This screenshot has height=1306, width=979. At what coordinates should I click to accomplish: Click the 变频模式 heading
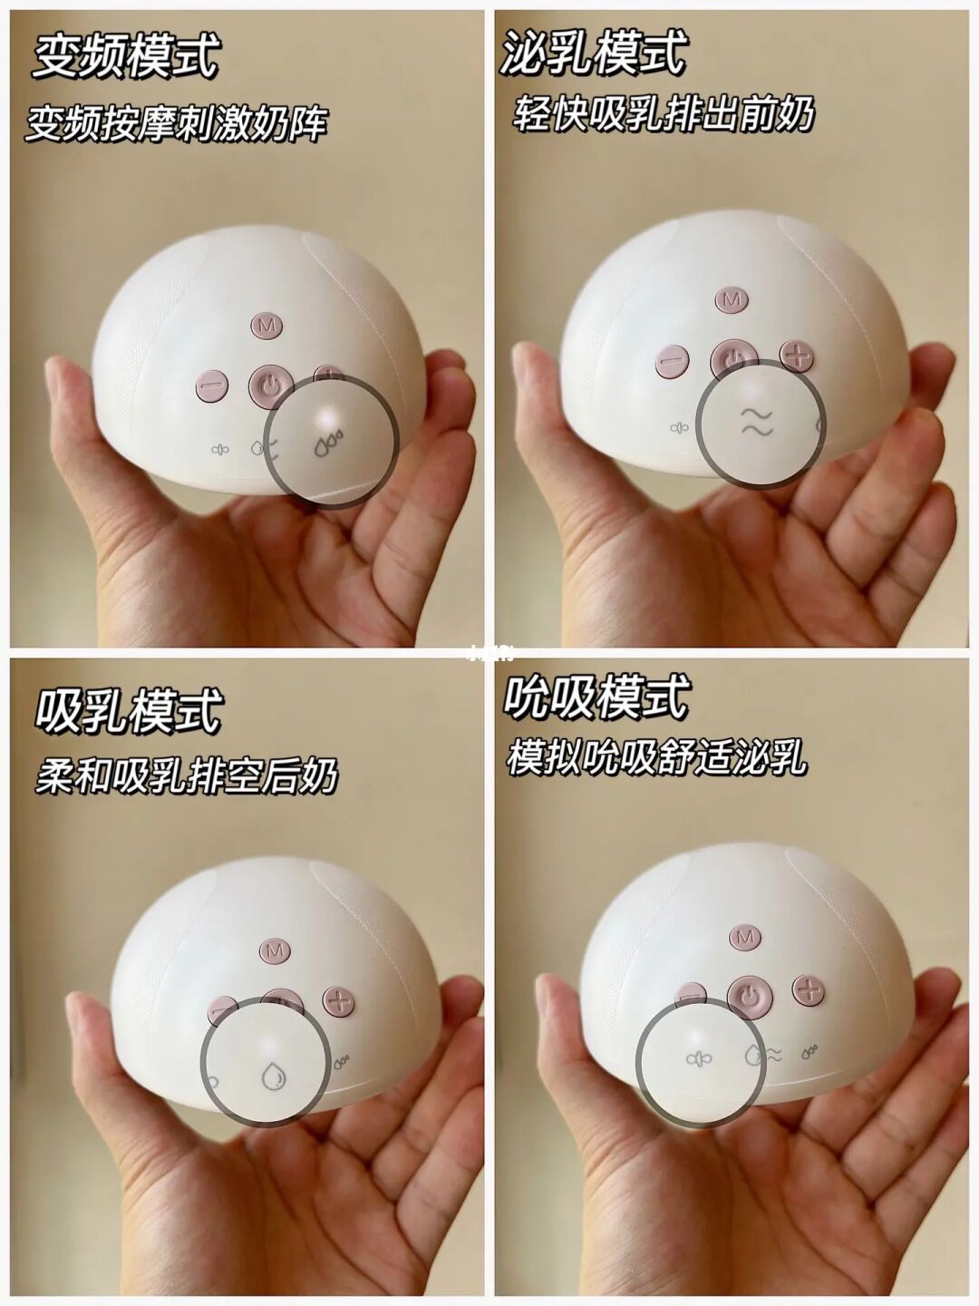click(x=126, y=55)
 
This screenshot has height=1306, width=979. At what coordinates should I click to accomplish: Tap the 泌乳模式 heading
click(x=594, y=53)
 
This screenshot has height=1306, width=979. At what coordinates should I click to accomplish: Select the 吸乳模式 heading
click(x=129, y=710)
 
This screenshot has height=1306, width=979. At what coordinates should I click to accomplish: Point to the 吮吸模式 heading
click(x=596, y=696)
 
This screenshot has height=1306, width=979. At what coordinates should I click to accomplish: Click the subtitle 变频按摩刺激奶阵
click(x=177, y=123)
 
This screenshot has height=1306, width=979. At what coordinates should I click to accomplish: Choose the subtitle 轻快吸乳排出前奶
click(x=662, y=113)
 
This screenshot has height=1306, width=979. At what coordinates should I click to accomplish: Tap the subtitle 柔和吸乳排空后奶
click(x=187, y=775)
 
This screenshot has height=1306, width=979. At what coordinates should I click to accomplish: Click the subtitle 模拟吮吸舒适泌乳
click(x=657, y=757)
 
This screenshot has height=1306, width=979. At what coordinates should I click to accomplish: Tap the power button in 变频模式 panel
click(x=271, y=386)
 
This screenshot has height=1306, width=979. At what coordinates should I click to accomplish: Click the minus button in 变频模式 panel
click(x=212, y=385)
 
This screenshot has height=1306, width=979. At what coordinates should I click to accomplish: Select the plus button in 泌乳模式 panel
click(x=797, y=357)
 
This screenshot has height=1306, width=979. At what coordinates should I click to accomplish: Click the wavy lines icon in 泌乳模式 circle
click(x=756, y=423)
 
